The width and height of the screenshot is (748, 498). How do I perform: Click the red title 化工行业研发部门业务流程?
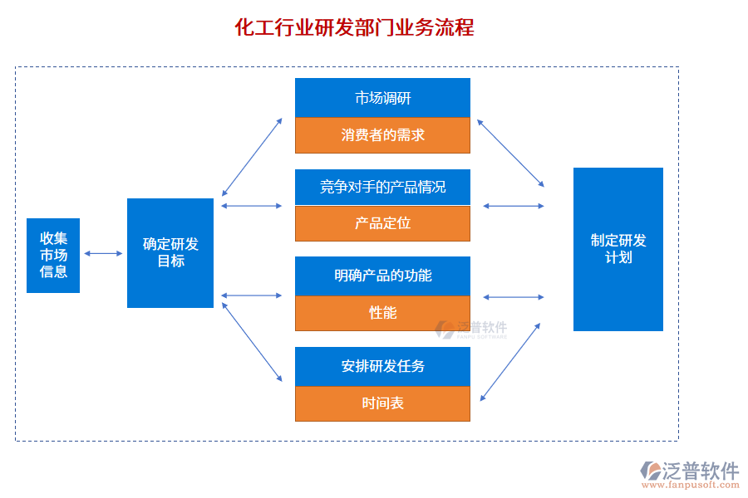coord(355,28)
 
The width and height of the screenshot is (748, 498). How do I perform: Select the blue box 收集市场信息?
coord(53,256)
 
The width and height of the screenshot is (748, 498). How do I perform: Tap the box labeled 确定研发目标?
coord(170,253)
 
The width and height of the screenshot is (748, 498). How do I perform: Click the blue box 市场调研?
coord(382,98)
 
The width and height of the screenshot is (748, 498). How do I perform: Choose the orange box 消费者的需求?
coord(382,135)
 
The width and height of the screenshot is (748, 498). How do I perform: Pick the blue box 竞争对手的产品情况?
coord(382,187)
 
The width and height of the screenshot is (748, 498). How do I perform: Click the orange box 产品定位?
coord(382,223)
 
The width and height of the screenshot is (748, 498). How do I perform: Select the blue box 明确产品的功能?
coord(382,276)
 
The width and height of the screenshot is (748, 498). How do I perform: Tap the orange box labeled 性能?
coord(382,313)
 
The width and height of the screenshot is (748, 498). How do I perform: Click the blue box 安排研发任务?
coord(382,366)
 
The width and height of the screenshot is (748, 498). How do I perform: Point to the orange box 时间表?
coord(382,404)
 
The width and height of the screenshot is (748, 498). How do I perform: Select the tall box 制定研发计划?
coord(618,249)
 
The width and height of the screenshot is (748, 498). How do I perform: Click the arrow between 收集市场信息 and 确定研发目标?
coord(103,253)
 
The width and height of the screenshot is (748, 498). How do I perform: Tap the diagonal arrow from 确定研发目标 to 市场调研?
coord(253,157)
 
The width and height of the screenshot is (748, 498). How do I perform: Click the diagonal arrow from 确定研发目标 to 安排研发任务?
coord(253,342)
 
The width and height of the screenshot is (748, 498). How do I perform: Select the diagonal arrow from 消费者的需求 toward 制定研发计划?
coord(510,153)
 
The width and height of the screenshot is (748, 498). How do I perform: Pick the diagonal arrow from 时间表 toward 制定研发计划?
coord(510,362)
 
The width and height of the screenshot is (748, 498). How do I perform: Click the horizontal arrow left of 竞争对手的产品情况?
coord(253,205)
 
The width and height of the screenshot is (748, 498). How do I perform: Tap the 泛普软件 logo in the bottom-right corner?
coord(689,473)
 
